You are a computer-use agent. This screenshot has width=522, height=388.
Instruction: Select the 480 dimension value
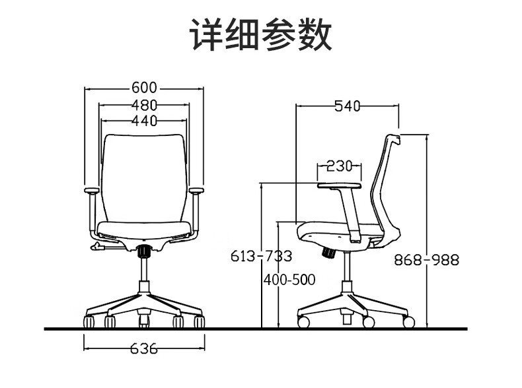point(144,104)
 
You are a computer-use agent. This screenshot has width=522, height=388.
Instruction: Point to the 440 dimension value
point(144,120)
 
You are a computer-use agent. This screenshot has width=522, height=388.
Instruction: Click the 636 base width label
point(144,348)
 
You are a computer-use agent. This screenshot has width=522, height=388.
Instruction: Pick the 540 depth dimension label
point(347,105)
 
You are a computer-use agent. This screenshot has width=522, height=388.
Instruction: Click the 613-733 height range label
point(261,256)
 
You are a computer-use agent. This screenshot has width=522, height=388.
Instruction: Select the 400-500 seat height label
point(289,280)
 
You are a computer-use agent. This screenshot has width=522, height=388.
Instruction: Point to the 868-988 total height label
point(426,259)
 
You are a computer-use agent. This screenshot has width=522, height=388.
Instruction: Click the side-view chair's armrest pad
point(340,185)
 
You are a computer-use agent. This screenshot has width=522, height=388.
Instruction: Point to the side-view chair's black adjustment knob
point(326,251)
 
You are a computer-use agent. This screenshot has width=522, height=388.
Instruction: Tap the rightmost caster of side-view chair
point(408,322)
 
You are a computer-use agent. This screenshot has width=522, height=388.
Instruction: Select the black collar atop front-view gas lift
point(144,250)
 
